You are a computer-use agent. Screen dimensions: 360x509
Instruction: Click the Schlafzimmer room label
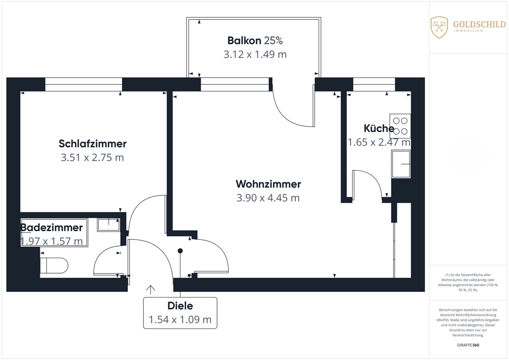(92, 144)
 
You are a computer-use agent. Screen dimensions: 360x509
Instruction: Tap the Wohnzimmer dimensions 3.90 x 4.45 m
(268, 198)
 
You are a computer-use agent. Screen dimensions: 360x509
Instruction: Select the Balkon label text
(244, 40)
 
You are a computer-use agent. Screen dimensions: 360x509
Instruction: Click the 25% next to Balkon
(273, 40)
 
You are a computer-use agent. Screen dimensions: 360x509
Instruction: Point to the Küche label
(379, 128)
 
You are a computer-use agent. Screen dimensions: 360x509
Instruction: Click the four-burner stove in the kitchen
(400, 126)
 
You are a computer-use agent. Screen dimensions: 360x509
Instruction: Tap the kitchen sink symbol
(401, 164)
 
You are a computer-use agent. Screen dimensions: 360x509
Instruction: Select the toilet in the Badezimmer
(54, 266)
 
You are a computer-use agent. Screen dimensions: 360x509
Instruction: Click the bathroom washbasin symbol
(108, 225)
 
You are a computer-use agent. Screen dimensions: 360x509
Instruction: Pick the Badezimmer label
(52, 228)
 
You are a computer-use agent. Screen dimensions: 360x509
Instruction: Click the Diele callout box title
(180, 306)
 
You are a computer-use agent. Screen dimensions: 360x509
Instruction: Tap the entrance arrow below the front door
(151, 289)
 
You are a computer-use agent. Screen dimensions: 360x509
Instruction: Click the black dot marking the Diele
(180, 251)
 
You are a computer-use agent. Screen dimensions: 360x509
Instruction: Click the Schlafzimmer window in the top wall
(84, 84)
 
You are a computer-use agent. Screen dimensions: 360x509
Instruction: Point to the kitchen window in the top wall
(374, 84)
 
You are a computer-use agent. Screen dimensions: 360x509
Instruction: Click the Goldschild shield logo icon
(439, 27)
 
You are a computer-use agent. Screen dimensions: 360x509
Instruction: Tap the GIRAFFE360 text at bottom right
(468, 345)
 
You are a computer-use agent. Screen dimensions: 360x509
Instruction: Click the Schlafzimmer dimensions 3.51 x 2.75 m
(92, 157)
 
